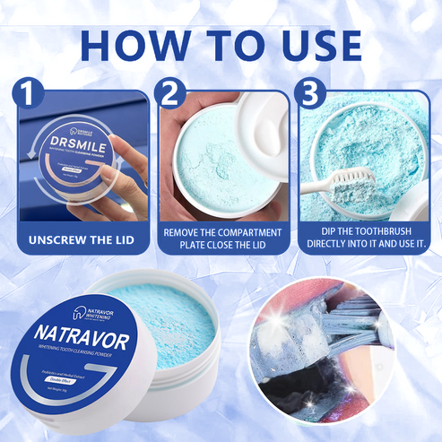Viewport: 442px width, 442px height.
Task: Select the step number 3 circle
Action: pos(312,91)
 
